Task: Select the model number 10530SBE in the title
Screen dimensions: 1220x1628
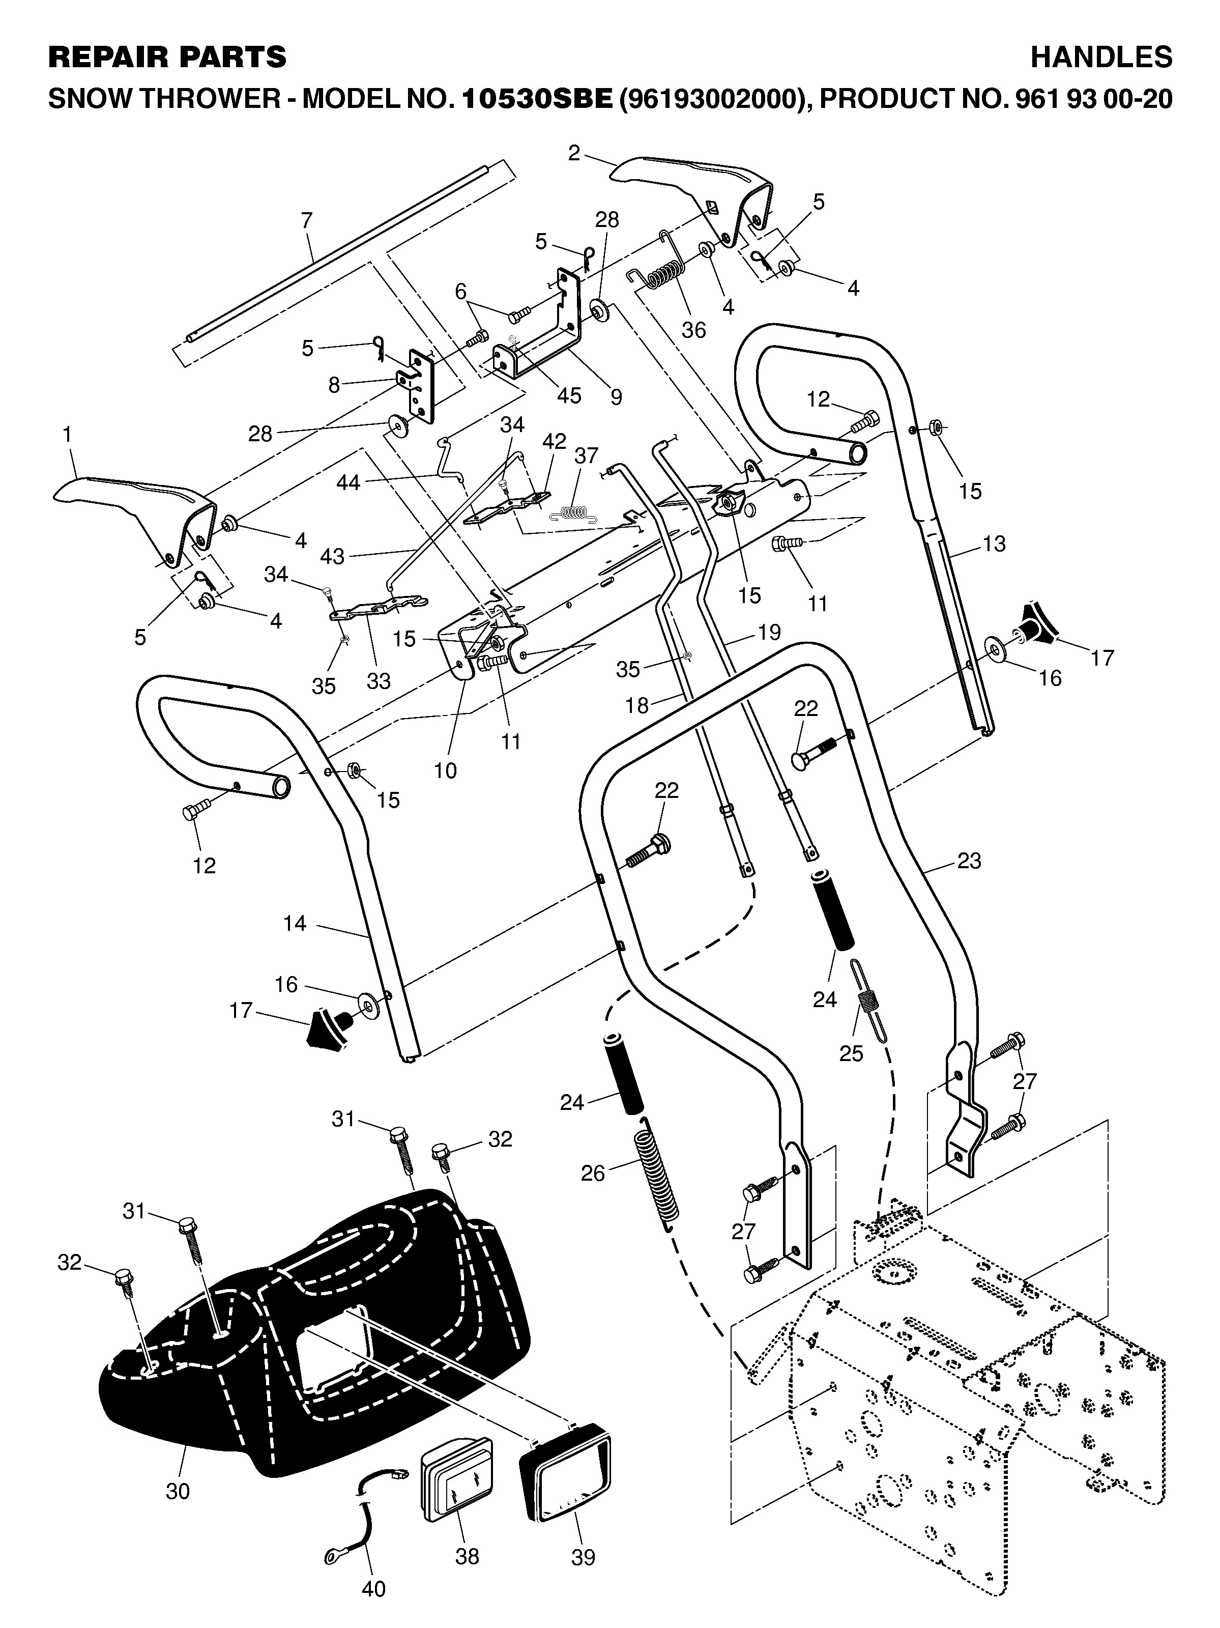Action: pos(537,99)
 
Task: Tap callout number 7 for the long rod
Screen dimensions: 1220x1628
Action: pos(307,220)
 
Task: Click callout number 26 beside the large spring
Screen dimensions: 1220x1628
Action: pos(592,1173)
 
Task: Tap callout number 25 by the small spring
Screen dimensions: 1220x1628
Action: pos(851,1053)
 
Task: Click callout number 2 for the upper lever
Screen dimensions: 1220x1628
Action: pos(574,153)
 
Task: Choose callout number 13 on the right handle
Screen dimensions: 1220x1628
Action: pos(994,544)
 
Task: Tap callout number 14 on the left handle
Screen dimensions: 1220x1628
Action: pos(295,923)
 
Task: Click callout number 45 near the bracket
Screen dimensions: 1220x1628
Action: pos(569,395)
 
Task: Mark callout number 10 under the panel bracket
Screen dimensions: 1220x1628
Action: pos(445,770)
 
